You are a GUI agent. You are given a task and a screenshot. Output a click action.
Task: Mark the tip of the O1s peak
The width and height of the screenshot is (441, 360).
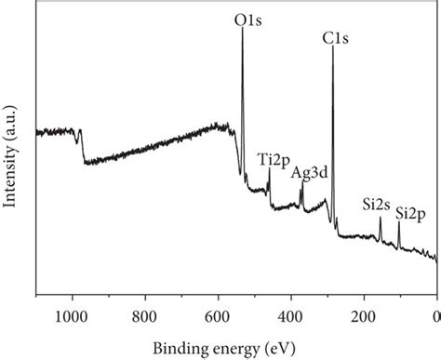[x=243, y=27]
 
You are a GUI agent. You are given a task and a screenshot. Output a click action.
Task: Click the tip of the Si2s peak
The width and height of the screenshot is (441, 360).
[x=380, y=218]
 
